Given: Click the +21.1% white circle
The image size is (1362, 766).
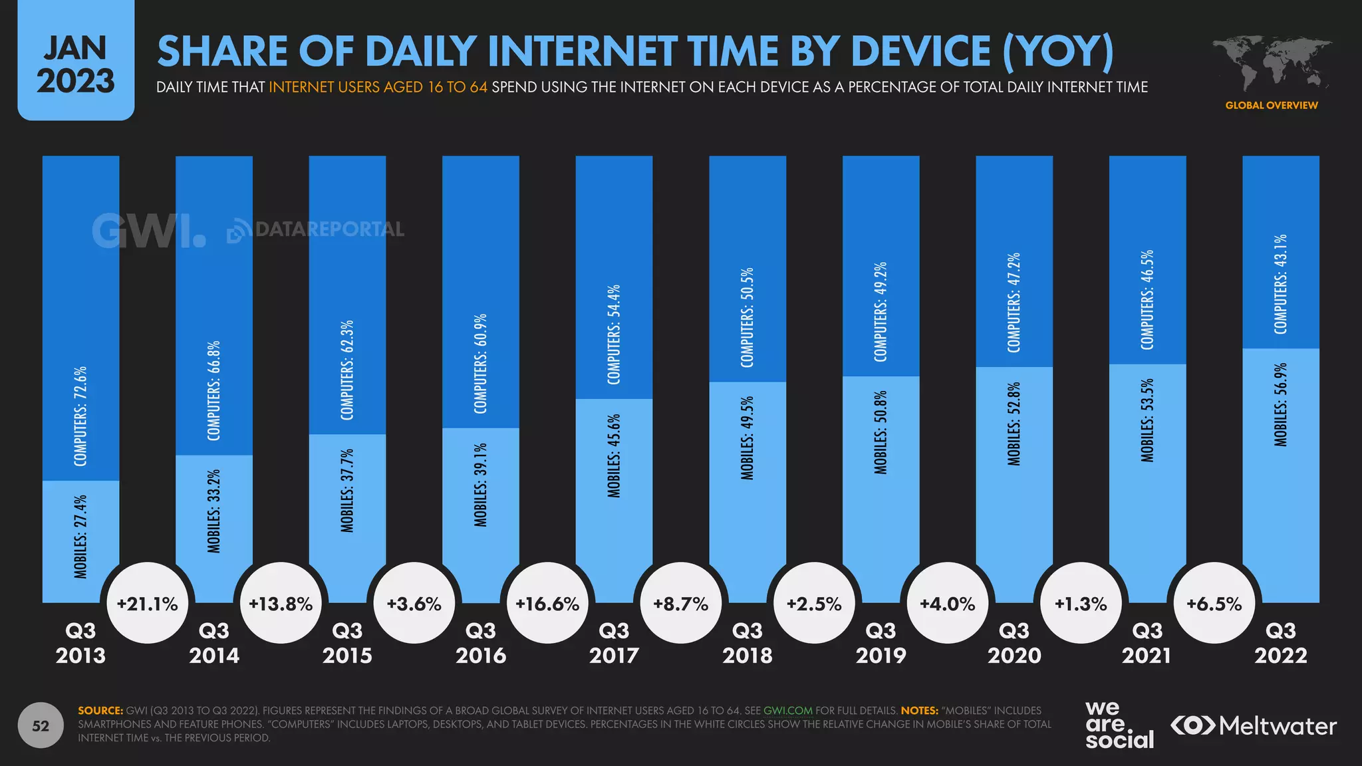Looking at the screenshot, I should [x=148, y=603].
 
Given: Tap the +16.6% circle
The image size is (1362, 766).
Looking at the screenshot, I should [x=547, y=603].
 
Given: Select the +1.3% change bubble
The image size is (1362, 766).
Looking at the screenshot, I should [x=1081, y=603].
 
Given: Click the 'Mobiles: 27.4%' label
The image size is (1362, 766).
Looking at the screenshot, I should [x=80, y=536].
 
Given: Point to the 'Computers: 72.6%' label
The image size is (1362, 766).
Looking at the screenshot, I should [x=80, y=416].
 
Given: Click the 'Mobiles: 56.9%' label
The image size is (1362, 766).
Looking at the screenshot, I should [x=1281, y=404].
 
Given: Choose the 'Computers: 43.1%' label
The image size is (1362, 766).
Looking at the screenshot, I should [x=1281, y=284].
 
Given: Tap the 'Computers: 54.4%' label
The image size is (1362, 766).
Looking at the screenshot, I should [x=614, y=334].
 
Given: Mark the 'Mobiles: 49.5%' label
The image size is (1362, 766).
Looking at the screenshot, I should [x=748, y=438].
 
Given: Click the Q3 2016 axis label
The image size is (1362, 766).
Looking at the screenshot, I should [x=481, y=642].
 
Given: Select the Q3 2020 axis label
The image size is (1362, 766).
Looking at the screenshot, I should [x=1014, y=642].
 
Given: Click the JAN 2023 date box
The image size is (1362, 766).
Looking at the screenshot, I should [x=76, y=64].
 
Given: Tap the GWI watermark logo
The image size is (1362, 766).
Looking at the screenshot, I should [x=148, y=231].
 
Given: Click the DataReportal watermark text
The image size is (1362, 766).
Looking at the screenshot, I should [x=317, y=230].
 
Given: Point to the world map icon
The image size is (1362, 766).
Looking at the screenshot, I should [x=1272, y=64].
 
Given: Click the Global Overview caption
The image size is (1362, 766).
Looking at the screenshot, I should [x=1272, y=105].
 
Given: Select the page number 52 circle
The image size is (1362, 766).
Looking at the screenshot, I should [x=41, y=725].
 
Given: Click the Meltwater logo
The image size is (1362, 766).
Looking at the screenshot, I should [x=1254, y=725].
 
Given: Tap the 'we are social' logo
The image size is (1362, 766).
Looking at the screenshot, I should [x=1119, y=725].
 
